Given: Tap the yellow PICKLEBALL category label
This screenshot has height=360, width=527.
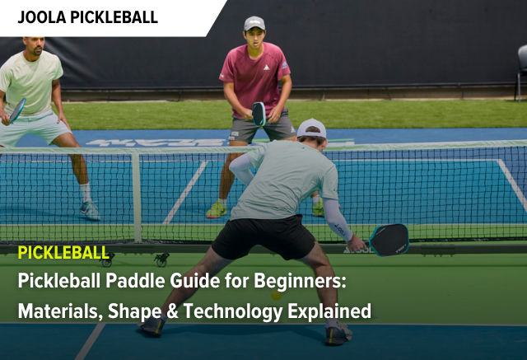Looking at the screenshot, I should pyautogui.click(x=63, y=252).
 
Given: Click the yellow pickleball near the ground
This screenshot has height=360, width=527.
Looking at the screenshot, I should pyautogui.click(x=277, y=294).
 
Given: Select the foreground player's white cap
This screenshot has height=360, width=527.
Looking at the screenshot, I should pyautogui.click(x=311, y=128).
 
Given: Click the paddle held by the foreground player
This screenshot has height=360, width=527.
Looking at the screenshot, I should pyautogui.click(x=388, y=239).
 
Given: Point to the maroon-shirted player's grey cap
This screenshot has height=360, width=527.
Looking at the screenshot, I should pyautogui.click(x=254, y=23).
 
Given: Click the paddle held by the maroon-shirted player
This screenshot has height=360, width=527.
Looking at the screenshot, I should pyautogui.click(x=259, y=114).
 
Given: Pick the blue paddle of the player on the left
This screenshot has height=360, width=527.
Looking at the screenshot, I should pyautogui.click(x=16, y=110).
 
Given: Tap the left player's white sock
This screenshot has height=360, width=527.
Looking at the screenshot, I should pyautogui.click(x=85, y=192).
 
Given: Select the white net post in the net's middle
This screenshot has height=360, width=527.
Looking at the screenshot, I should pyautogui.click(x=137, y=197).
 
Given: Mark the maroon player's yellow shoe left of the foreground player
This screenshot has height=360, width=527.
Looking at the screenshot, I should pyautogui.click(x=217, y=209).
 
